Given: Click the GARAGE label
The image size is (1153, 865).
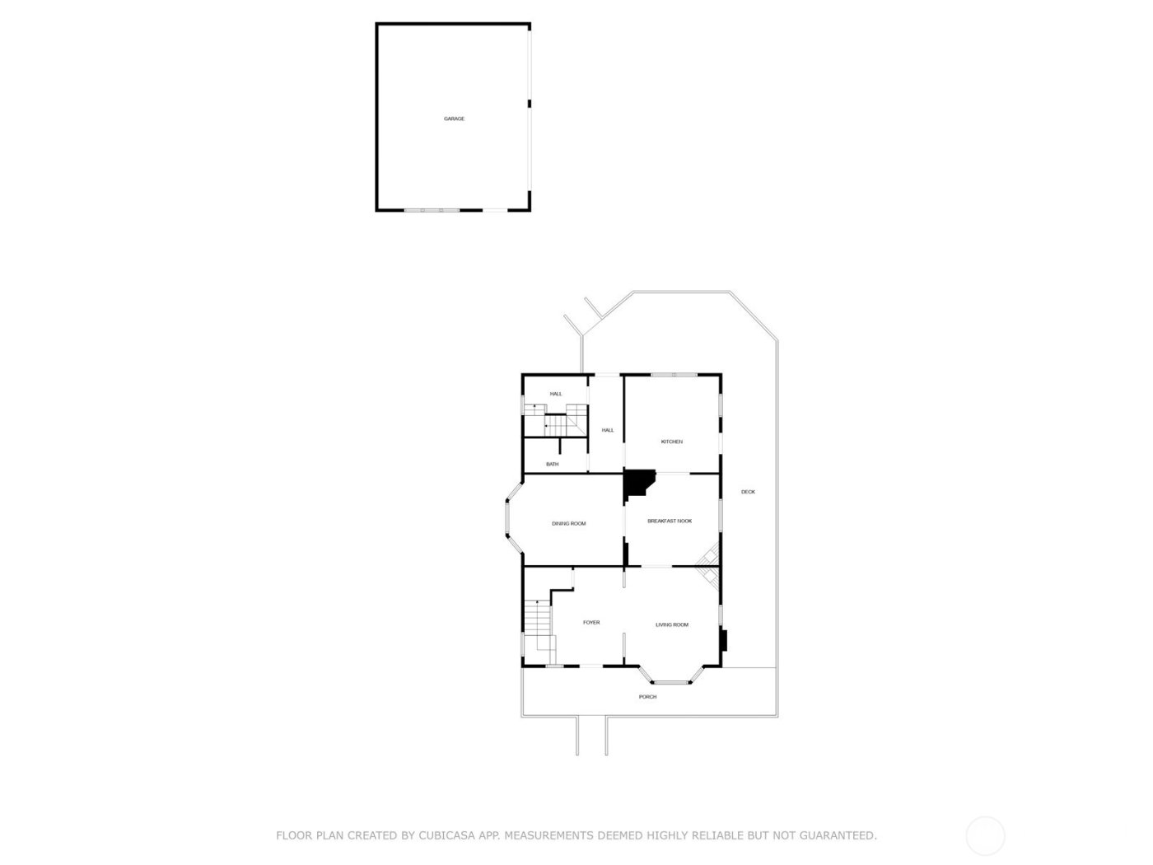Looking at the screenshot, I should click(x=454, y=119).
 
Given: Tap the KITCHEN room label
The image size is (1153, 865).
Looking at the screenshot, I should click(x=671, y=442).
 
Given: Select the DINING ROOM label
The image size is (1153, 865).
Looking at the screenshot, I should click(x=568, y=523).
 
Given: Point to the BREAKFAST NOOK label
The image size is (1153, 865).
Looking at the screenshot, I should click(x=670, y=521).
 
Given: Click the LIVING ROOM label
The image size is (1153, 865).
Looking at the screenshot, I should click(x=671, y=624).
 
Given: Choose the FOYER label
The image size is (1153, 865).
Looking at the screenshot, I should click(x=591, y=622).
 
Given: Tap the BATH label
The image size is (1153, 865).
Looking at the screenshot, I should click(x=552, y=464).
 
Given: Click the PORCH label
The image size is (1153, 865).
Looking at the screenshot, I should click(x=648, y=697).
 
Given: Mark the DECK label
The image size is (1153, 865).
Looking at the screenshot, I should click(x=748, y=492).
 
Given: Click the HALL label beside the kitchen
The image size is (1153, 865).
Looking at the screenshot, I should click(x=608, y=430).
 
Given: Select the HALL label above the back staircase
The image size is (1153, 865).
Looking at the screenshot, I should click(x=556, y=394).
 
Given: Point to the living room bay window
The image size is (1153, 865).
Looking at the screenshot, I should click(x=675, y=681).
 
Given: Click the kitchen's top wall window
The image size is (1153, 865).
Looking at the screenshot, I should click(x=675, y=375).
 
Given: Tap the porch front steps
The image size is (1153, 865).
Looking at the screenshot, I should click(x=591, y=735).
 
